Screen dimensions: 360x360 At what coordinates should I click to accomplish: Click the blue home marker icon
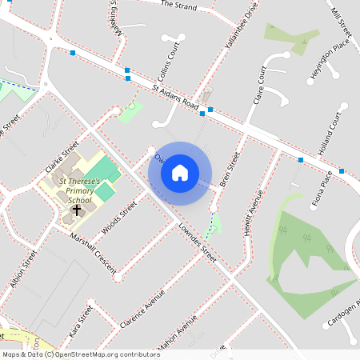point(180,173)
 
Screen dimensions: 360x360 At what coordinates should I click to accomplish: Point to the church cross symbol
point(77,211)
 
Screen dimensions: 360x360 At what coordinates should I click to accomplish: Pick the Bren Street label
point(230,169)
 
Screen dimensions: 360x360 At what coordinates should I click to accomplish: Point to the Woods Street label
point(118,215)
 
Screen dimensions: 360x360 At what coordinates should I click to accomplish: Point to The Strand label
point(178,5)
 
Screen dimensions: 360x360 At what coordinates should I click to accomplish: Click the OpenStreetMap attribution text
point(81,354)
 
